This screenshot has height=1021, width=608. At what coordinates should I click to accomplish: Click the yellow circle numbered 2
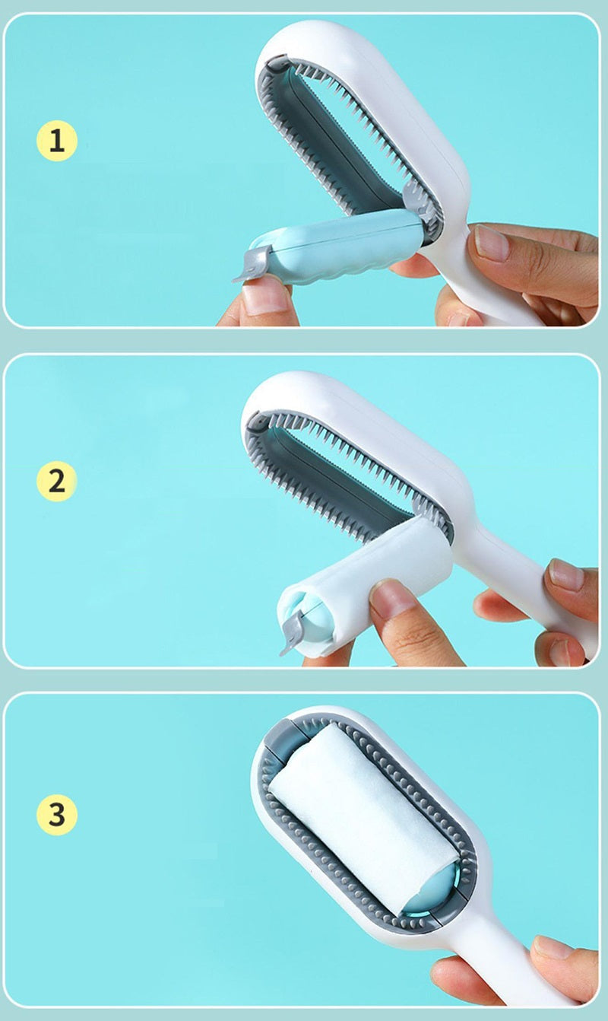57,481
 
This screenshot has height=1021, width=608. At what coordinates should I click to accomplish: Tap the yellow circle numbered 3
57,814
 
